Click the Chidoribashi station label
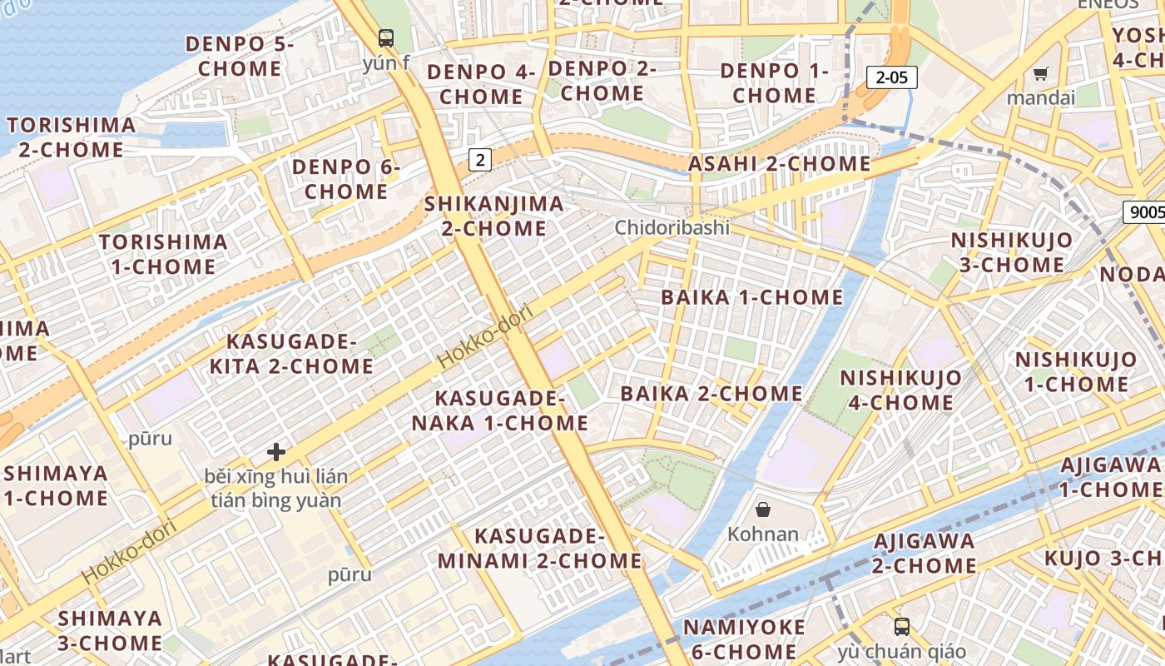(672, 227)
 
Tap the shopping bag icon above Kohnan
(762, 509)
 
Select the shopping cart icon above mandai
(1040, 74)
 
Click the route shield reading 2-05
(891, 77)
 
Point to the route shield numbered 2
(479, 159)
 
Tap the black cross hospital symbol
(276, 452)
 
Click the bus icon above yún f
(386, 37)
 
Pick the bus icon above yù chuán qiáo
(901, 626)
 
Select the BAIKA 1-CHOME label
(751, 297)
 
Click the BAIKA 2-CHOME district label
(711, 393)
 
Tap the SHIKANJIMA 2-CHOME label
(494, 216)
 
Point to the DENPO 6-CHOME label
(346, 179)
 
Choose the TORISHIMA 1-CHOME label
(163, 254)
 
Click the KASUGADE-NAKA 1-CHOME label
(500, 410)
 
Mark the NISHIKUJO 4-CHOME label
(900, 390)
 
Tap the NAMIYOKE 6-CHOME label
(744, 639)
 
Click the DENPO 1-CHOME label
(774, 83)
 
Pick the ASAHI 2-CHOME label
(779, 164)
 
